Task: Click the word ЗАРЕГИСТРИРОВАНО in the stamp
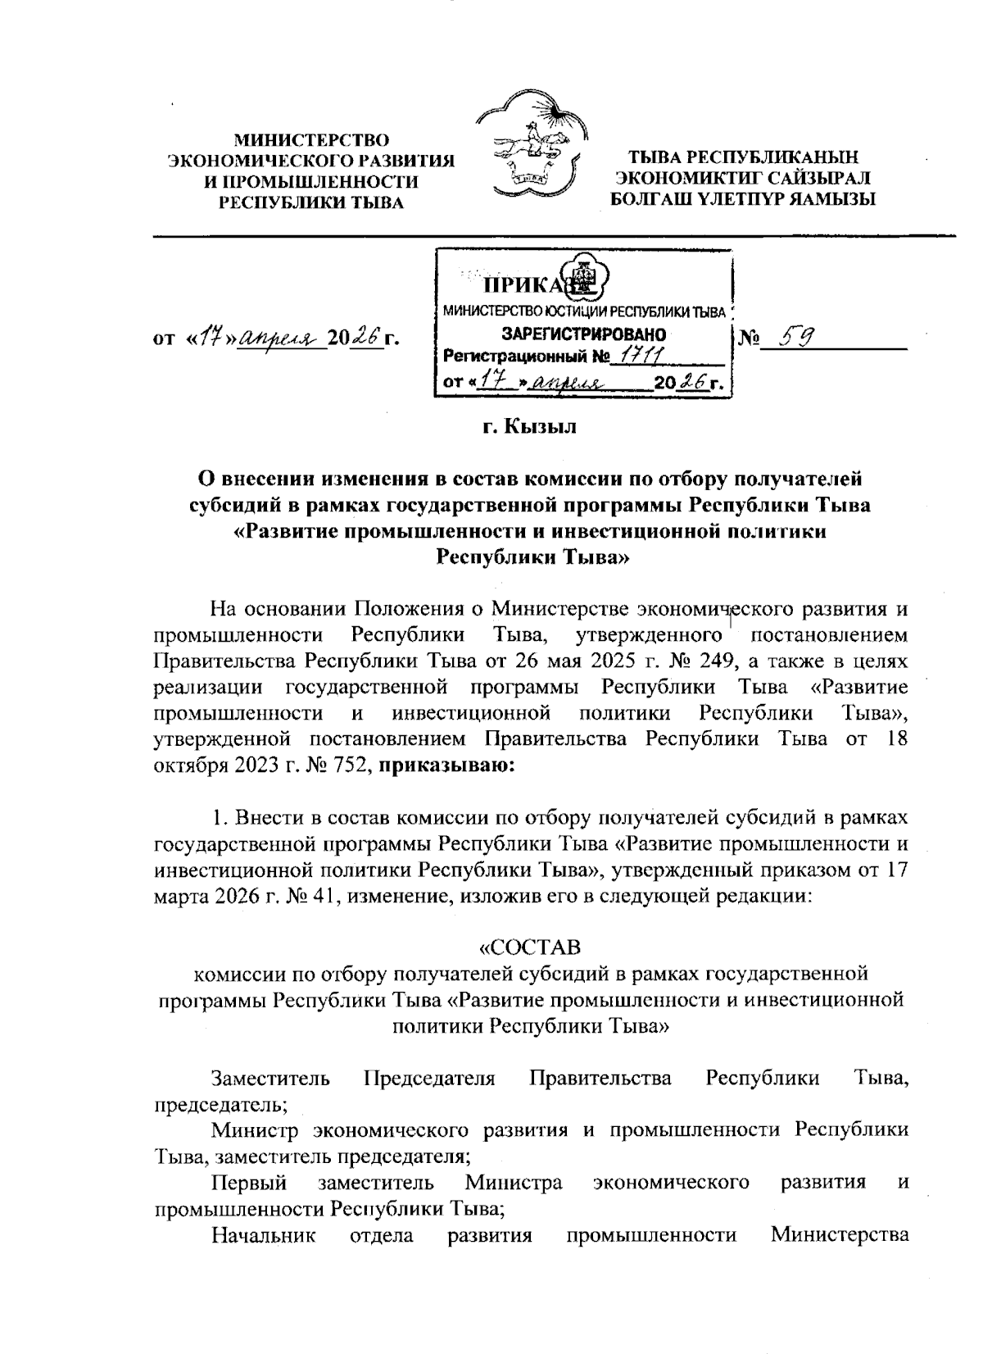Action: [x=583, y=334]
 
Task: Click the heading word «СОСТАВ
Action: [x=530, y=948]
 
